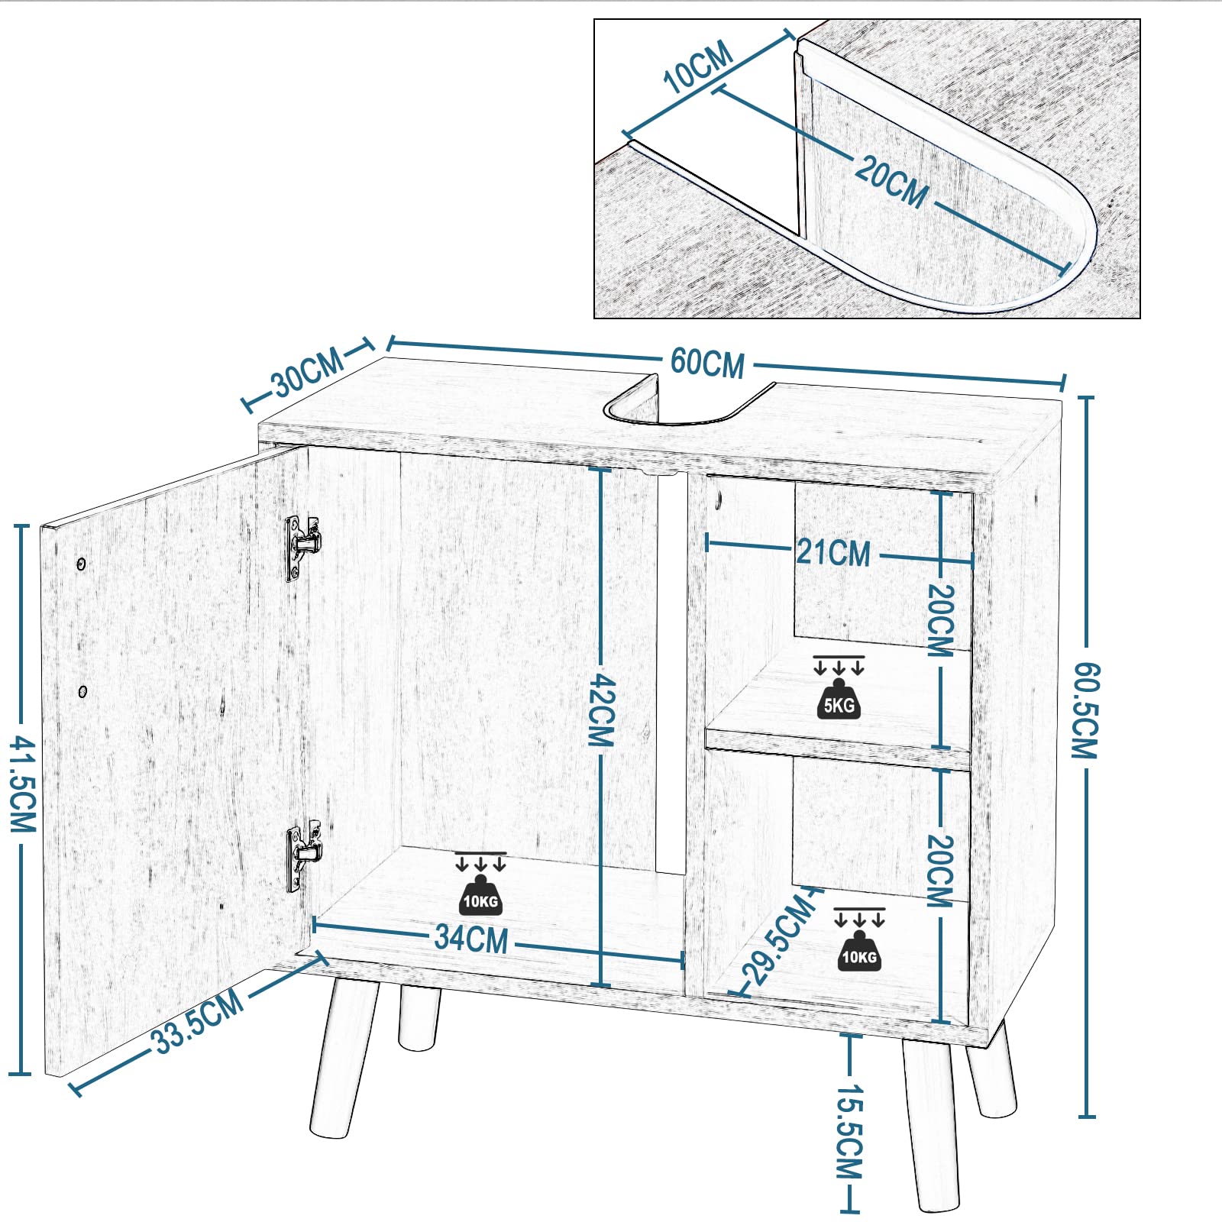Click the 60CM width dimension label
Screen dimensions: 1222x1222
pyautogui.click(x=707, y=363)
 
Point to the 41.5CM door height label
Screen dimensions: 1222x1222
pyautogui.click(x=22, y=784)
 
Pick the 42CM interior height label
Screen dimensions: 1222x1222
pyautogui.click(x=602, y=710)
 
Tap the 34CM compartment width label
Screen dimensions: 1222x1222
pyautogui.click(x=471, y=938)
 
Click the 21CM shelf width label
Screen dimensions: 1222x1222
pyautogui.click(x=833, y=552)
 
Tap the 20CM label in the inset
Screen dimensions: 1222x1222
pyautogui.click(x=891, y=181)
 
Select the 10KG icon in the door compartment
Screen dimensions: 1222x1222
pyautogui.click(x=480, y=884)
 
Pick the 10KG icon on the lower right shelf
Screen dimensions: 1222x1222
pyautogui.click(x=859, y=939)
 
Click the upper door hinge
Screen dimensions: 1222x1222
pyautogui.click(x=303, y=546)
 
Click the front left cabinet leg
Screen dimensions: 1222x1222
pyautogui.click(x=344, y=1058)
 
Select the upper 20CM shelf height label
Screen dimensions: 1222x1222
pyautogui.click(x=941, y=620)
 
